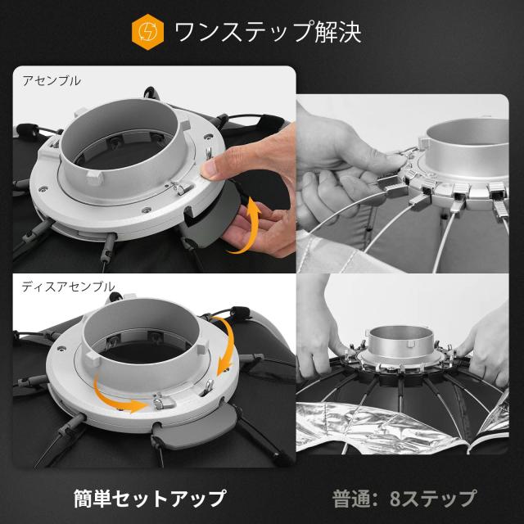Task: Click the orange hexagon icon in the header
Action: [146, 33]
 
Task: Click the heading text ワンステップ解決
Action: [268, 33]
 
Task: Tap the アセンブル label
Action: [45, 82]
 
